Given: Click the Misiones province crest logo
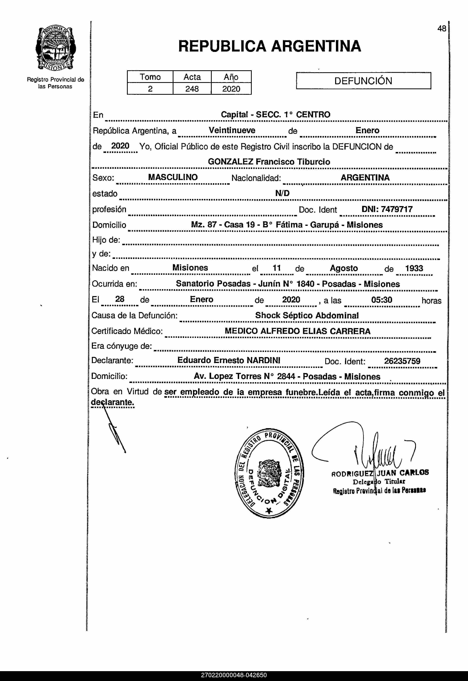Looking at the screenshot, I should point(56,48).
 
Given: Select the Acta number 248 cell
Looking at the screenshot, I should point(192,89).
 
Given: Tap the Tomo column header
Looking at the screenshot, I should point(150,77).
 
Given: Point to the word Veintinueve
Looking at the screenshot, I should point(232,130).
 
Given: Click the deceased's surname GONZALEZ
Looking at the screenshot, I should point(230,162).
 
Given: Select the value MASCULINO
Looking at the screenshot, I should point(173,177).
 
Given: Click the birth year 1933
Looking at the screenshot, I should point(414,268).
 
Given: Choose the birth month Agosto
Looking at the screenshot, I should point(344,268).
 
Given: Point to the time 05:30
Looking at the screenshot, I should point(381,300).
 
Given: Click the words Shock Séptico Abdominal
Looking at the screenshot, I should point(307,316).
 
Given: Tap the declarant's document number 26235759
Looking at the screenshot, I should point(402,361).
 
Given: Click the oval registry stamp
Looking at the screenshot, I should point(269,473).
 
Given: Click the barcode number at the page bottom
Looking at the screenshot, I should point(234,675).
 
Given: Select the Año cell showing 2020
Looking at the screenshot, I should point(231,89).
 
